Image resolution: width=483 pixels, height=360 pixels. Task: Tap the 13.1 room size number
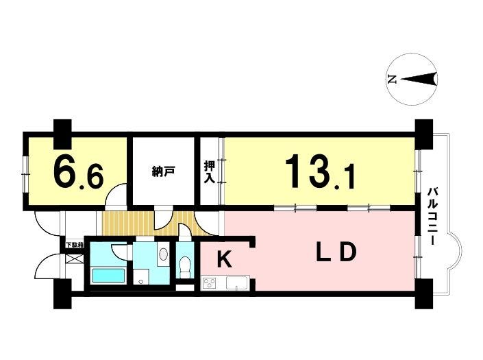[x=320, y=171]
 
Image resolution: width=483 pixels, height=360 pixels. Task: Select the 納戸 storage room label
[x=164, y=171]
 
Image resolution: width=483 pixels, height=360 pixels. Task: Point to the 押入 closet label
[x=210, y=171]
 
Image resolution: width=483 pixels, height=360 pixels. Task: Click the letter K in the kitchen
[x=224, y=259]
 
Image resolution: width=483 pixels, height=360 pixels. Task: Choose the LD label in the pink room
[x=336, y=252]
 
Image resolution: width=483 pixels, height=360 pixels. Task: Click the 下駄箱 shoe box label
[x=75, y=245]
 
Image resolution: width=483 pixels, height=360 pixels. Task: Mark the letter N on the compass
[x=392, y=80]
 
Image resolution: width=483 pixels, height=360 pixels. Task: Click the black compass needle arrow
[x=419, y=79]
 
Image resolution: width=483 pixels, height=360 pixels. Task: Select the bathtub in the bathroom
[x=109, y=275]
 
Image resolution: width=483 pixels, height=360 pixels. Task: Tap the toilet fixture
[x=185, y=266]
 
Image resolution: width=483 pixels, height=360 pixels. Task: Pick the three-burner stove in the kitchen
[x=210, y=283]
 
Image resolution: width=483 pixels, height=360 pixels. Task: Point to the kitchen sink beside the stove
[x=236, y=284]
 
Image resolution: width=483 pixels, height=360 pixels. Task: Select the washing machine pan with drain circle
[x=141, y=277]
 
